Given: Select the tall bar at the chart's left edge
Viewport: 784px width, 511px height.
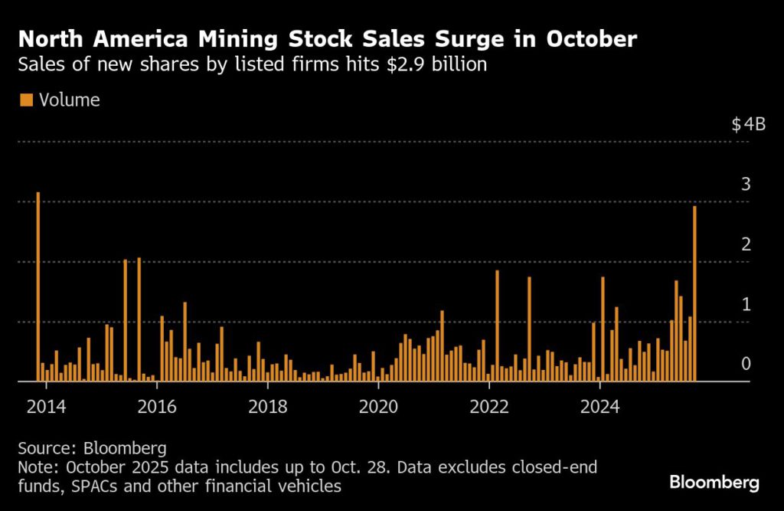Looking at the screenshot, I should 38,287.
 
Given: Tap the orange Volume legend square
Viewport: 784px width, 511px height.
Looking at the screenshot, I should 26,100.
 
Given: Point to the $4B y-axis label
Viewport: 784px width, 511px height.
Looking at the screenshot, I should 749,125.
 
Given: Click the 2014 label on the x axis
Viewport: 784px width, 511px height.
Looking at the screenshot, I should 45,405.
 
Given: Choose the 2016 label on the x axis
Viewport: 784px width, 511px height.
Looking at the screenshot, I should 156,405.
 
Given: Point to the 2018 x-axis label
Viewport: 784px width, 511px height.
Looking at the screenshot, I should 267,405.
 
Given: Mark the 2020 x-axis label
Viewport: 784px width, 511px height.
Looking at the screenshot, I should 378,405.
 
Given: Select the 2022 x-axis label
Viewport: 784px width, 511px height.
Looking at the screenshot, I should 489,405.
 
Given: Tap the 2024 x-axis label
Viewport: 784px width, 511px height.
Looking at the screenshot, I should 600,405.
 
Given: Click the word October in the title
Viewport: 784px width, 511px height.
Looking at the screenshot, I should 591,39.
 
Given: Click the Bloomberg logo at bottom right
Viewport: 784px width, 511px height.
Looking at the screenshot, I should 714,483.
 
